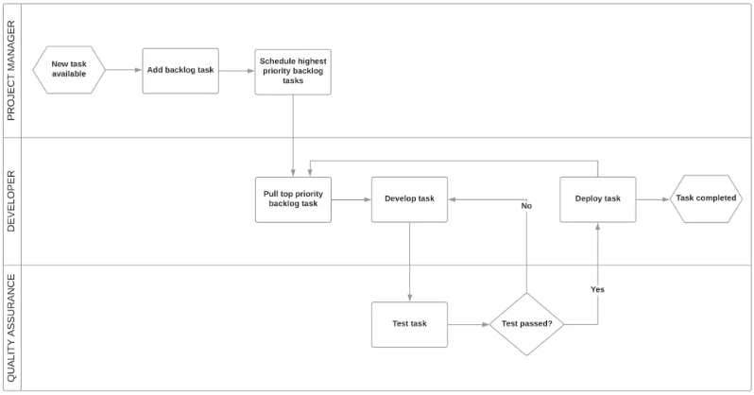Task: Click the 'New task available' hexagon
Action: [68, 70]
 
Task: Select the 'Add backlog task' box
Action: [180, 70]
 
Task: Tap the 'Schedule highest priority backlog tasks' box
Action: [293, 70]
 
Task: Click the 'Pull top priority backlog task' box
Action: [293, 199]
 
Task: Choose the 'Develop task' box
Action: [409, 199]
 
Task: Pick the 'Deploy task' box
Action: [597, 199]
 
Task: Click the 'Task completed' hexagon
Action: [706, 199]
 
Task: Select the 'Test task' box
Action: [409, 324]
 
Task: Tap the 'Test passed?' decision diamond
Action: [526, 324]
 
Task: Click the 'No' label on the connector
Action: [526, 205]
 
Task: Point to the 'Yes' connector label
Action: [597, 288]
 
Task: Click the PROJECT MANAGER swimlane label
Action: [11, 71]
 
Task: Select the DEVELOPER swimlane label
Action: [11, 201]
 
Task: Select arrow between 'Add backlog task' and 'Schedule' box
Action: [236, 70]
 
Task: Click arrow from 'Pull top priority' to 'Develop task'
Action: [351, 199]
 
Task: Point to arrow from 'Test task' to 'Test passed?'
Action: [468, 324]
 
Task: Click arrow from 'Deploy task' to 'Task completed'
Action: [653, 199]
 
